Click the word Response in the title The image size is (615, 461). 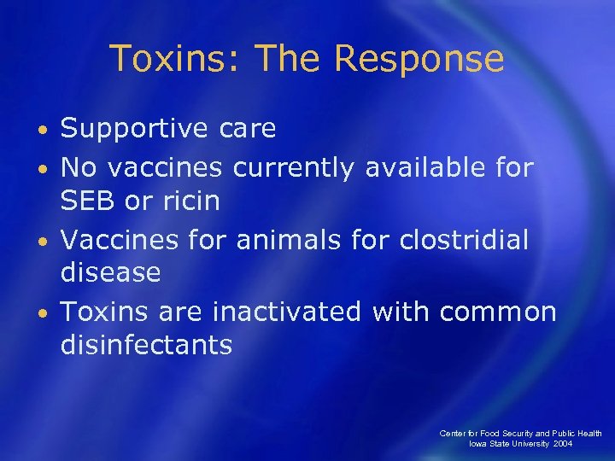[419, 59]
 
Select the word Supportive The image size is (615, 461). [134, 129]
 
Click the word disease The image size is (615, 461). [110, 273]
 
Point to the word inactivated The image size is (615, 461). [286, 312]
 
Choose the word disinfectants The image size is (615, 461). [146, 345]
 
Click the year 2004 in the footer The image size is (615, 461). [562, 444]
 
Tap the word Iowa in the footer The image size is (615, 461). [478, 444]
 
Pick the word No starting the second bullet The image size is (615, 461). [79, 167]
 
